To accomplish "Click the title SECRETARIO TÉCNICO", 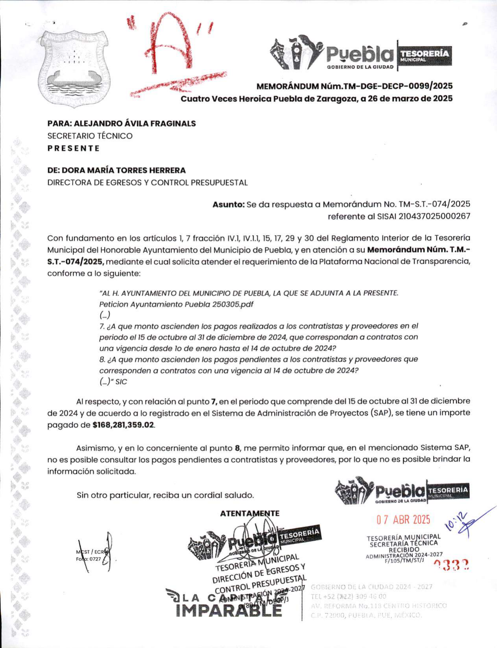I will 90,136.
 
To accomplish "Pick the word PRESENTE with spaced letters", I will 74,149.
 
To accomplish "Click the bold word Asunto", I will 228,204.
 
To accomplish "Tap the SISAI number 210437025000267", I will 434,216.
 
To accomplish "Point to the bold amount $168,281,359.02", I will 123,425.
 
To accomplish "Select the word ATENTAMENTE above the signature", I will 250,514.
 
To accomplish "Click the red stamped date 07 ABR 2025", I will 403,520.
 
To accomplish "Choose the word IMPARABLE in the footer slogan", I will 229,610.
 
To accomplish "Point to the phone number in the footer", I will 348,596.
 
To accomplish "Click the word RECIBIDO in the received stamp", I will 404,549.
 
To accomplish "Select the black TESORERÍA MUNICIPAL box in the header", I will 425,55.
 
